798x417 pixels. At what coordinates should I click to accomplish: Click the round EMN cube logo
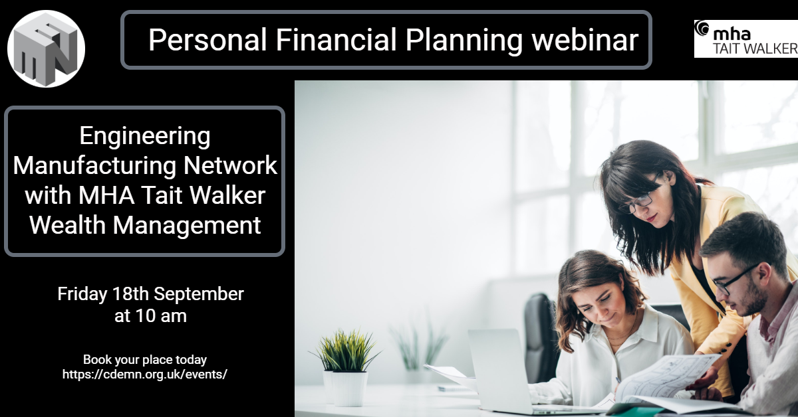[46, 48]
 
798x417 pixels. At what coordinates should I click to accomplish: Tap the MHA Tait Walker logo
[746, 39]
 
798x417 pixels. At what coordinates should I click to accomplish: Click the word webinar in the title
[585, 40]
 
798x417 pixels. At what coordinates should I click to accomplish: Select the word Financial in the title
[336, 39]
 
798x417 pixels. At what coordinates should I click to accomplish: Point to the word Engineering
[145, 137]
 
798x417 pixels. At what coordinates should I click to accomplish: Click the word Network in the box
[230, 165]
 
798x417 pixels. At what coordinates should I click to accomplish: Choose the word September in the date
[199, 295]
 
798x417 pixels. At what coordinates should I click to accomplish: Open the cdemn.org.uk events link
[145, 375]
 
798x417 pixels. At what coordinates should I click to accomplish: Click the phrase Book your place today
[145, 360]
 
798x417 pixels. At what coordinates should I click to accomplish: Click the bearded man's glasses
[732, 281]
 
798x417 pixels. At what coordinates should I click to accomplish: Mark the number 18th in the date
[130, 294]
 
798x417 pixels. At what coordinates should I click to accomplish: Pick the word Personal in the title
[207, 39]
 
